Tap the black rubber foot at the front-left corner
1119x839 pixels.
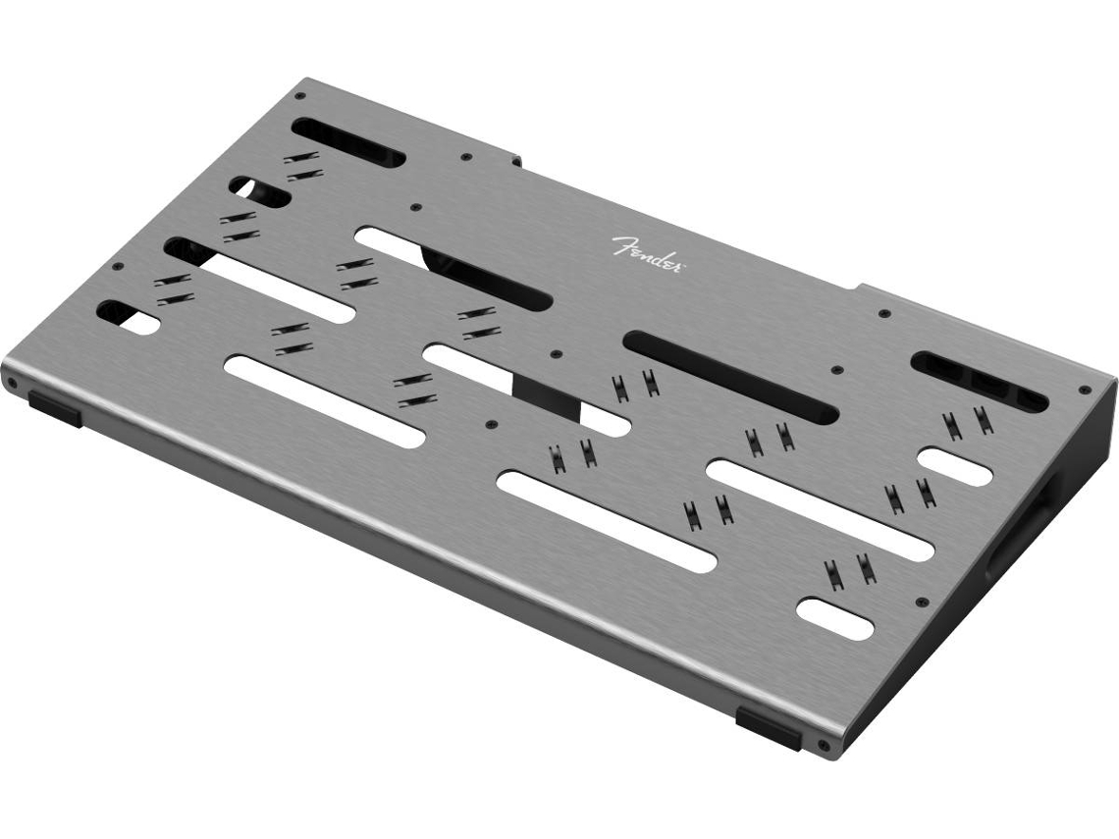[55, 409]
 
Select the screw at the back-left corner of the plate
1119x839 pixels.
[300, 95]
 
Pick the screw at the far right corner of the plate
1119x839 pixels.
[1086, 391]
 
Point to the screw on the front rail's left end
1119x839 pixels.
[12, 383]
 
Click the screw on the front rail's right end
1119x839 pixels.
[825, 745]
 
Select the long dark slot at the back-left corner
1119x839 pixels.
[349, 142]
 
